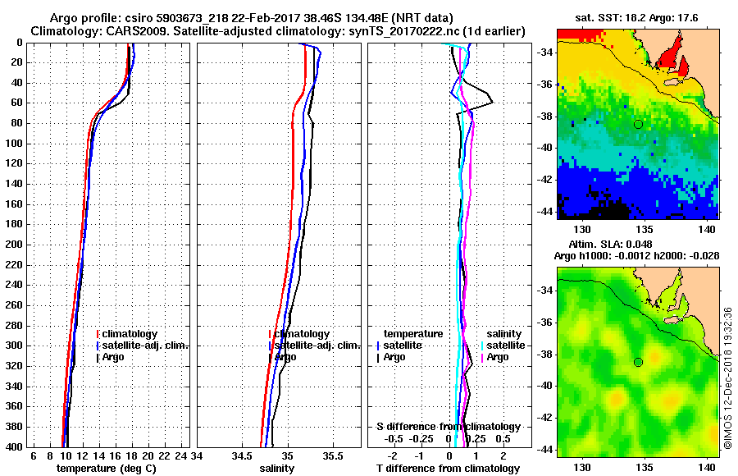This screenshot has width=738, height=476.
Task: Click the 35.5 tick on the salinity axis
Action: click(x=333, y=456)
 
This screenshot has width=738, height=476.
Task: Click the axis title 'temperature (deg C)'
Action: click(x=106, y=469)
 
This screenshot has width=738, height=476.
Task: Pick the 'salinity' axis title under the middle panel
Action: click(x=276, y=469)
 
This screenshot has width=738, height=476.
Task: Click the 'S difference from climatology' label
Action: click(x=448, y=427)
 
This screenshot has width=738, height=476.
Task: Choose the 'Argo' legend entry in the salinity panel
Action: click(x=285, y=357)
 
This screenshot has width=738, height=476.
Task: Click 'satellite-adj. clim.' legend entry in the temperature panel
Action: click(x=145, y=346)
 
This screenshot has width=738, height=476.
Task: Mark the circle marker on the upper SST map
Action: click(x=638, y=124)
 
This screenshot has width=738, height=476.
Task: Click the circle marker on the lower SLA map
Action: click(x=638, y=362)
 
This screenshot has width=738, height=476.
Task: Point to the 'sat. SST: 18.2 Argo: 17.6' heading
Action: click(x=637, y=17)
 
